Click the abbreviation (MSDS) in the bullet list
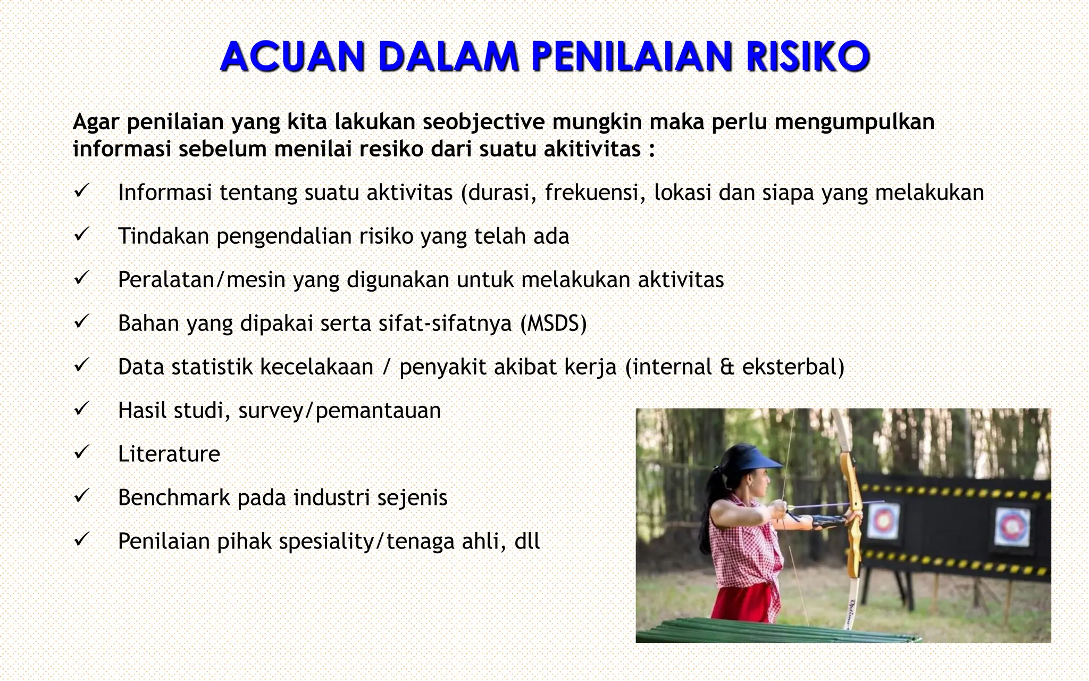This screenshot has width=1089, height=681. pyautogui.click(x=554, y=323)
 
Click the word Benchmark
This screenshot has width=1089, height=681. pyautogui.click(x=173, y=498)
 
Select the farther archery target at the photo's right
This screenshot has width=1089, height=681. pyautogui.click(x=1011, y=524)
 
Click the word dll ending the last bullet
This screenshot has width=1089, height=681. pyautogui.click(x=527, y=542)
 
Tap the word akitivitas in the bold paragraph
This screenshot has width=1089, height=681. pyautogui.click(x=592, y=149)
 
